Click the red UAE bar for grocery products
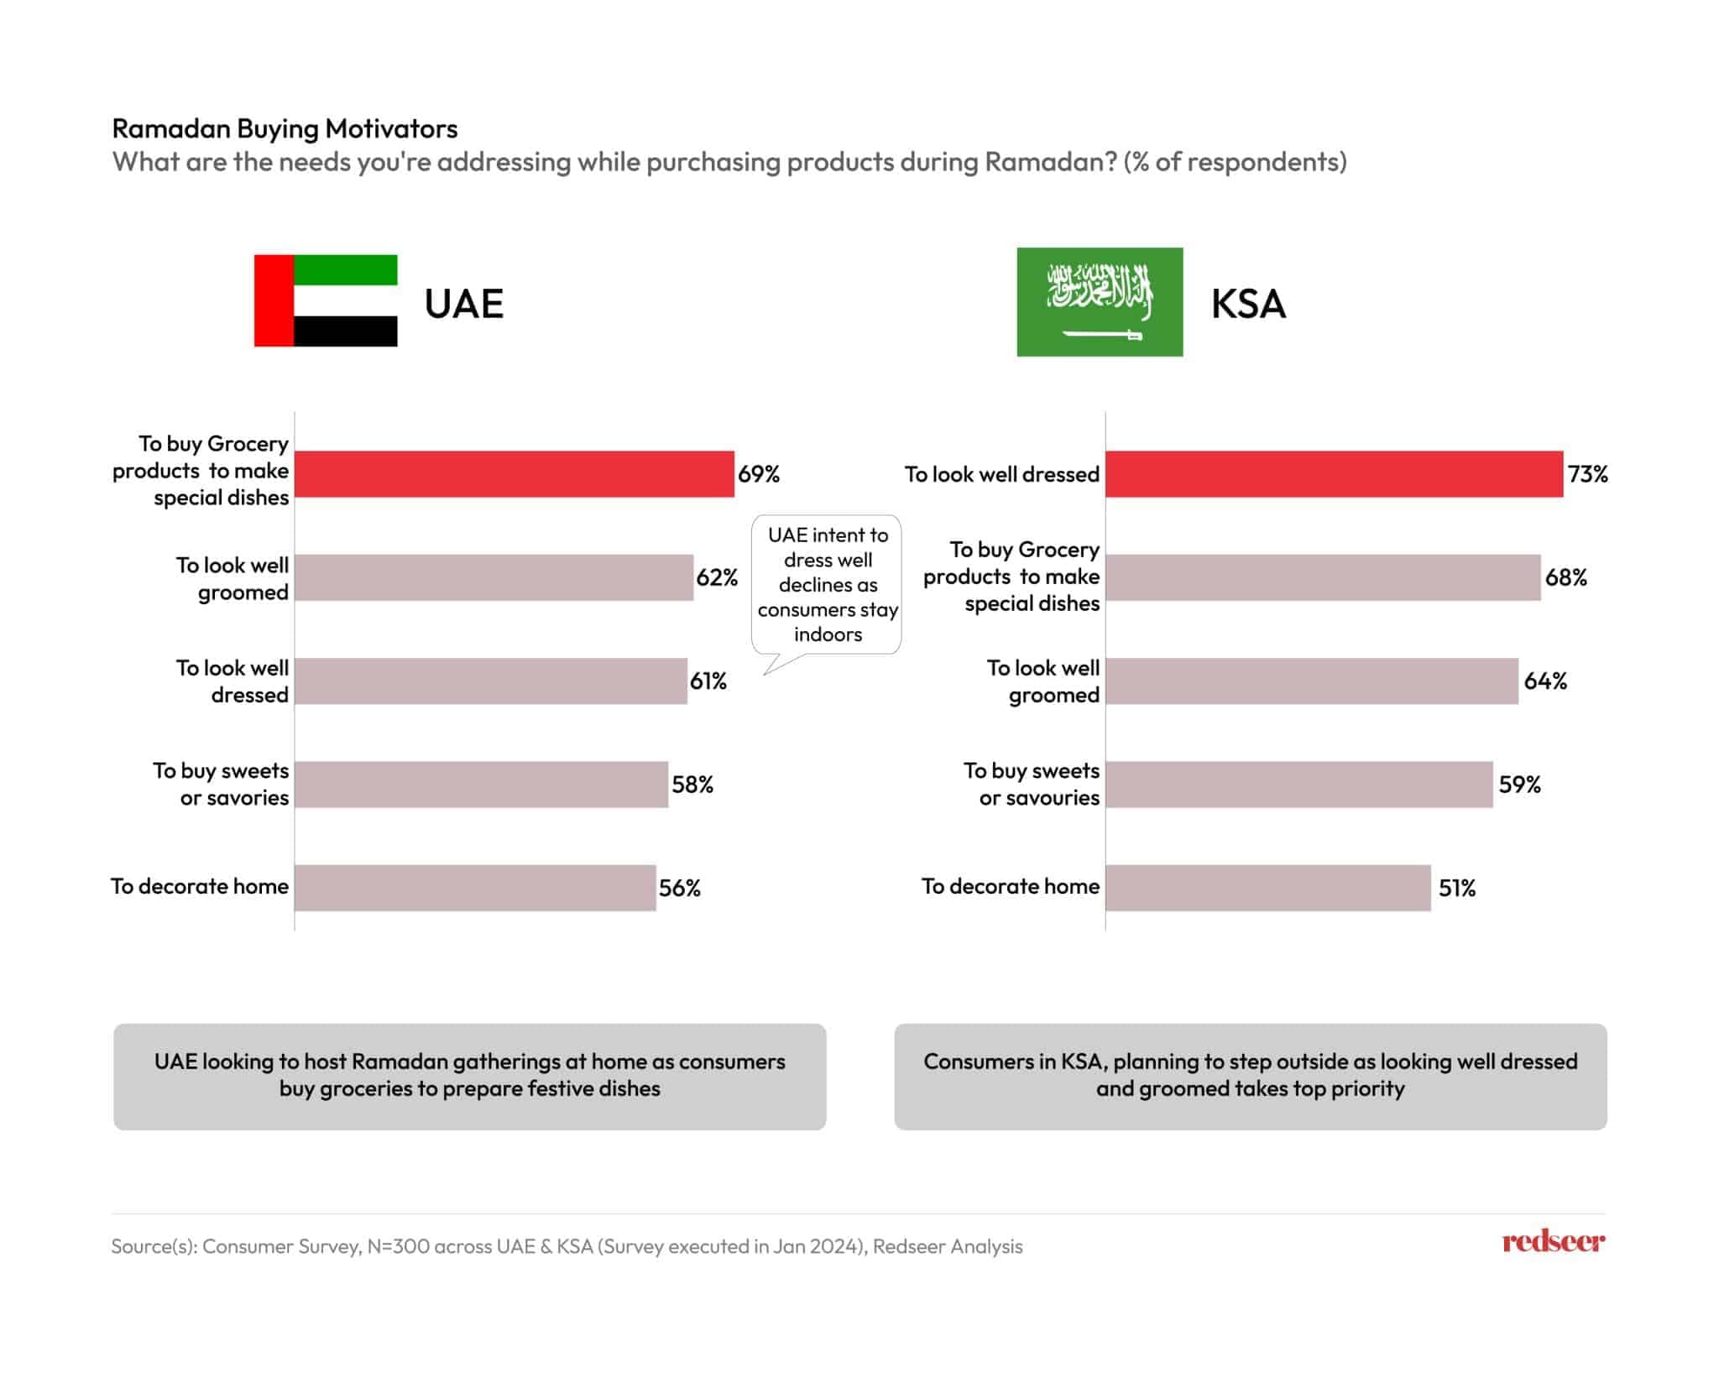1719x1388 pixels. [514, 474]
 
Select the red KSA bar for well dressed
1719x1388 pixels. [1334, 474]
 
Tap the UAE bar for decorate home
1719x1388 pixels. [475, 888]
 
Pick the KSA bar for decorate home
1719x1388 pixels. [1267, 888]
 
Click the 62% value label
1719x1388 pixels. [717, 577]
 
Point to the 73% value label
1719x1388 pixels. [1588, 474]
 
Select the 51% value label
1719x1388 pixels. [1457, 888]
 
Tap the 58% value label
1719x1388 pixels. [692, 785]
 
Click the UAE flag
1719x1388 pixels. [326, 300]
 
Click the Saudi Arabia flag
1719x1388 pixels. [1100, 302]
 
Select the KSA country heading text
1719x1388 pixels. [1248, 304]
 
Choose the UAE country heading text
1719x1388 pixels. [464, 304]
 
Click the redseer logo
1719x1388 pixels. [1553, 1242]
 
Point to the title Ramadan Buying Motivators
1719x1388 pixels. [285, 128]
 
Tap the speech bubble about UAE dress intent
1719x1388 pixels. [827, 585]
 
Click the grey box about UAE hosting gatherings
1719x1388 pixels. [470, 1076]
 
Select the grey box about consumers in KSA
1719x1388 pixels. [1251, 1076]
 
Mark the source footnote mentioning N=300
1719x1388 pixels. [567, 1247]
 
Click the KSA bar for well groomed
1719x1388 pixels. [1311, 681]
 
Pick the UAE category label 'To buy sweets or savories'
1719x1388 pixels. [222, 784]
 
